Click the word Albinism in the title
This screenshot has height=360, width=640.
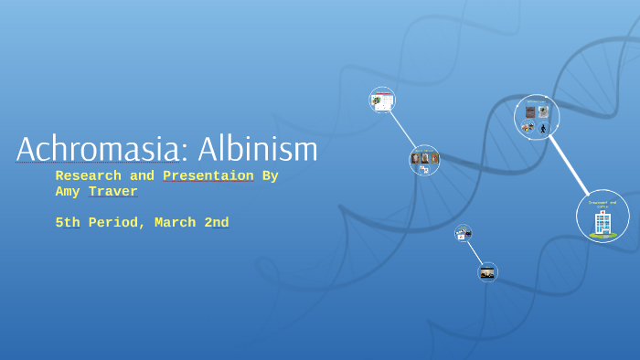click(x=258, y=150)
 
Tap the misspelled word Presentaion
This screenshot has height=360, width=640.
click(x=208, y=176)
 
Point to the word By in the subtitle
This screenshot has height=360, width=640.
click(x=270, y=176)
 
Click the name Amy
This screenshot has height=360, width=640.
click(x=67, y=192)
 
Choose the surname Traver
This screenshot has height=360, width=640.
click(x=113, y=192)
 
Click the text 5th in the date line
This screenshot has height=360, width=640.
click(x=67, y=223)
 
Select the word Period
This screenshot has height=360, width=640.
click(x=114, y=223)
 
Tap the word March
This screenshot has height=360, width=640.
click(x=173, y=223)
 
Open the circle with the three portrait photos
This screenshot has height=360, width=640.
click(x=424, y=160)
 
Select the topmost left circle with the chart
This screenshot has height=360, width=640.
click(x=382, y=100)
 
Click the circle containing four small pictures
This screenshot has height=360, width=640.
click(x=537, y=118)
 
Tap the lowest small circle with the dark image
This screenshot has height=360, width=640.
click(x=487, y=272)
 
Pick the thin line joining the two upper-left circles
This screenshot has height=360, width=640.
click(x=402, y=129)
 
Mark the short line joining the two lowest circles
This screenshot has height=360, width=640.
click(x=475, y=252)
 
